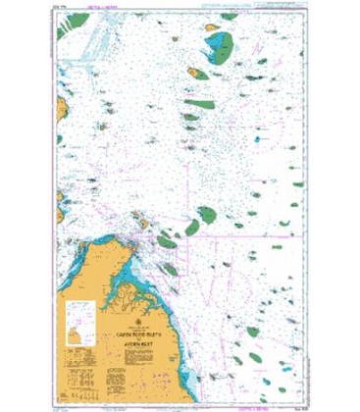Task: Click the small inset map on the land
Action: tap(78, 317)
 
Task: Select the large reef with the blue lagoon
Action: tap(222, 44)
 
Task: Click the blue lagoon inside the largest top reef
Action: tap(225, 43)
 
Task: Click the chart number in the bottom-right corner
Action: tap(295, 399)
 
